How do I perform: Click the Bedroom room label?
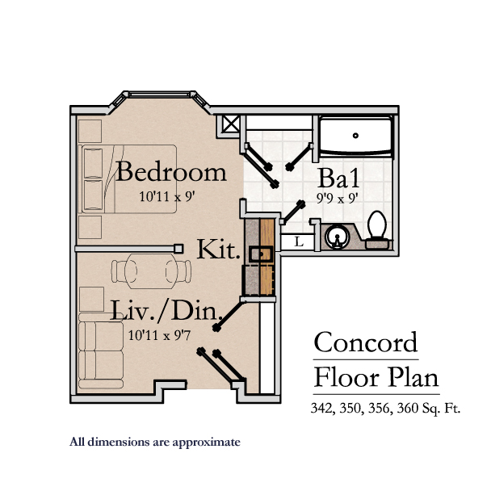point(171,172)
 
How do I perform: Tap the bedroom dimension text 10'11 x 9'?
point(168,195)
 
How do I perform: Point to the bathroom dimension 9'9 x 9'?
point(338,196)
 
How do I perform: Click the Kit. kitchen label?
point(218,250)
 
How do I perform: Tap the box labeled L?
point(298,241)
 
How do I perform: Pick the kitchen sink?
point(258,254)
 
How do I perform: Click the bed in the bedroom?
point(127,178)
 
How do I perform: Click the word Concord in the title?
point(366,342)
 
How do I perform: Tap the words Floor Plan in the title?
point(376,377)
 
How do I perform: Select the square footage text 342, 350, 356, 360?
point(385,409)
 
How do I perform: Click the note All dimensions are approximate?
point(155,442)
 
